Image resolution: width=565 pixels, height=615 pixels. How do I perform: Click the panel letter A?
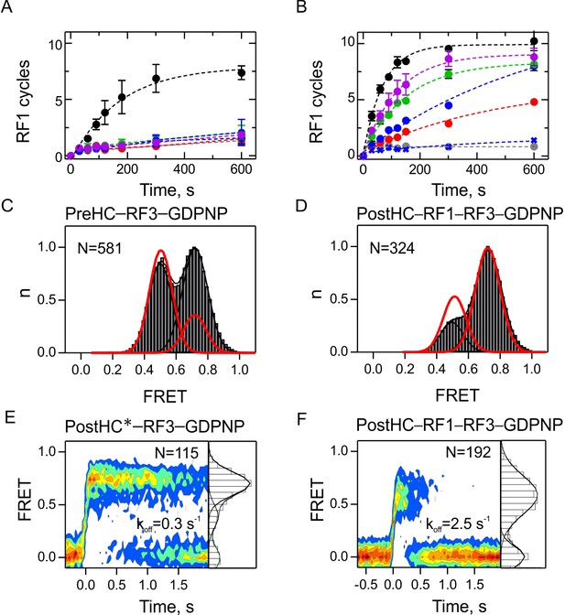tap(6, 6)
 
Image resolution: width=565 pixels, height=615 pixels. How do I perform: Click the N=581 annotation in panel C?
tap(99, 248)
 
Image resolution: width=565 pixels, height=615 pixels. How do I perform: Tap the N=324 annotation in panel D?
tap(392, 248)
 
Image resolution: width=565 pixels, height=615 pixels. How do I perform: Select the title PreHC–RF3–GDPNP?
tap(146, 214)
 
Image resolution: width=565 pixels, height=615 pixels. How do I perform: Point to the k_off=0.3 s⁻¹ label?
tap(168, 524)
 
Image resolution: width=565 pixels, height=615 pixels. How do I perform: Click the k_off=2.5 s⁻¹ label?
tap(458, 524)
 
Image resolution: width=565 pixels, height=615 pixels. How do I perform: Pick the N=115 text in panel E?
tap(177, 453)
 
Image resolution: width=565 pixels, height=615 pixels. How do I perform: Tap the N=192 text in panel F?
tap(469, 452)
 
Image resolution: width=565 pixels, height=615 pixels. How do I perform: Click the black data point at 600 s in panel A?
tap(242, 72)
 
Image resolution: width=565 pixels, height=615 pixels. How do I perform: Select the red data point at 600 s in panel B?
tap(534, 102)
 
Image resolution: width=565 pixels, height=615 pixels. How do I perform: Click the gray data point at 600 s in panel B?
tap(534, 146)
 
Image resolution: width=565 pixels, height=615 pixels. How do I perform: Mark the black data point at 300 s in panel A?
tap(157, 79)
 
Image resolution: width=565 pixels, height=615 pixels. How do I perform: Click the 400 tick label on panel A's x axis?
tap(184, 170)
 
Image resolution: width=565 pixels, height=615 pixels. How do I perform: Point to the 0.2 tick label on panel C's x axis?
tap(113, 370)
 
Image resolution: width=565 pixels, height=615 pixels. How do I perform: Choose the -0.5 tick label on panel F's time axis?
tap(365, 585)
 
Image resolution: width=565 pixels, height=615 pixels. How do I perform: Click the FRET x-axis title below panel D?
tap(458, 395)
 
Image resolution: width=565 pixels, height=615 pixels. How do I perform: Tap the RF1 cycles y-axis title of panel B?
tap(316, 102)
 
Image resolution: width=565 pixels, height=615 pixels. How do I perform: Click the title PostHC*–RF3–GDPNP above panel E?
tap(155, 426)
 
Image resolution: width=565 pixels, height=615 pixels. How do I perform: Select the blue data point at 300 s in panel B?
tap(449, 105)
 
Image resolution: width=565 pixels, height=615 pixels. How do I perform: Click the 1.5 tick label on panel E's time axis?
tap(179, 585)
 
